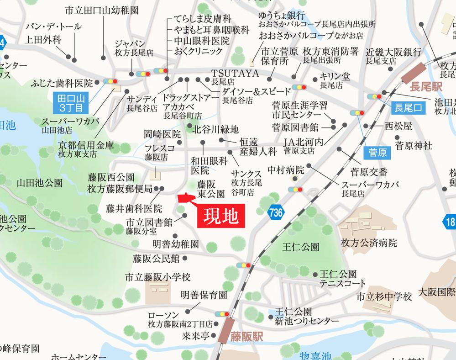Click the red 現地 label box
point(220,215)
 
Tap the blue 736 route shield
point(276,212)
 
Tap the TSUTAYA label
point(235,73)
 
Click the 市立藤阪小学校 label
point(157,277)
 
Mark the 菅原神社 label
point(413,146)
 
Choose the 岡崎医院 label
point(162,134)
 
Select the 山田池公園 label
point(40,183)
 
